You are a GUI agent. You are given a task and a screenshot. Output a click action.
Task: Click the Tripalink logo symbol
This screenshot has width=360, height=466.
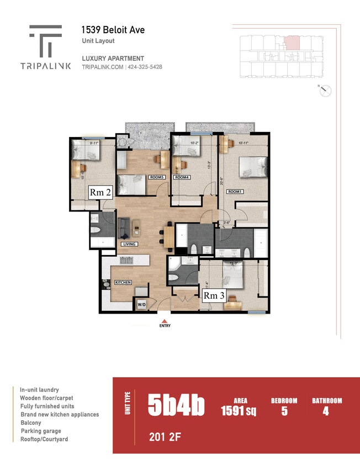pos(46,40)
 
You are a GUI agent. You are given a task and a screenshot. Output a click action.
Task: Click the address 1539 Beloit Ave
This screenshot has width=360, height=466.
pos(113,30)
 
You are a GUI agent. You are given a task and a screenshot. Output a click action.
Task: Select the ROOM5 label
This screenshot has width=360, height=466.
pos(157,177)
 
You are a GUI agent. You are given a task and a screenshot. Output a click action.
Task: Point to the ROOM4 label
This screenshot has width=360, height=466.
pos(183,177)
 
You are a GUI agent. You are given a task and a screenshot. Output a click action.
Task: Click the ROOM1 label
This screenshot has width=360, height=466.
pos(235,191)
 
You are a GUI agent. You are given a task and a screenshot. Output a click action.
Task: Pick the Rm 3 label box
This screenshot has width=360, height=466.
pos(214,295)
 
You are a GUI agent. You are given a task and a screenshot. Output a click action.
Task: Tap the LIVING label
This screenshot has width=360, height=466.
pos(129,244)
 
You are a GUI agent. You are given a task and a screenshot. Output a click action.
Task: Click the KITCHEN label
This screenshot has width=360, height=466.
pos(123,283)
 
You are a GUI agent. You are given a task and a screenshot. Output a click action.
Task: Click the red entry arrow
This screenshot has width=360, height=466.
pos(164,320)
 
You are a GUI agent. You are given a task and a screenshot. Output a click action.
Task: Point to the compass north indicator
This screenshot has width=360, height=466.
pos(326,91)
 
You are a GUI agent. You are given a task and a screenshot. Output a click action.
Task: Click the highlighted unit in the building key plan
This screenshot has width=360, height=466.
pos(292,42)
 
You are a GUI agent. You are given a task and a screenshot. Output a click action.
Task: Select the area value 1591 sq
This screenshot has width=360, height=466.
pos(240,411)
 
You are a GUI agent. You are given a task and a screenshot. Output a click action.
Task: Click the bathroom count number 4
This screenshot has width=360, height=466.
pos(326,411)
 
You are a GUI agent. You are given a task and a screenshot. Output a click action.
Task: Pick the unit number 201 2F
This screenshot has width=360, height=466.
pos(165,438)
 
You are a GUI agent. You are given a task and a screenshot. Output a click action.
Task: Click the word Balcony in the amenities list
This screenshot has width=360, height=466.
pos(31,422)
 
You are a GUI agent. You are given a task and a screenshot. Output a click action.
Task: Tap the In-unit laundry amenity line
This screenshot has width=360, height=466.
pos(39,389)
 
